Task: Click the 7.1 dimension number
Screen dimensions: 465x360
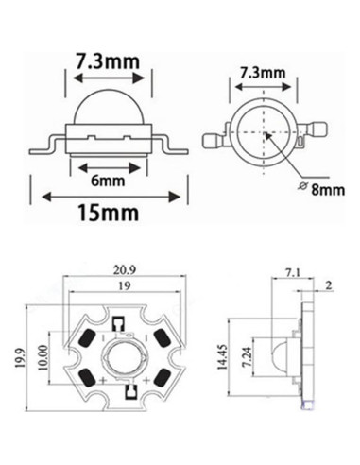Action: click(x=293, y=274)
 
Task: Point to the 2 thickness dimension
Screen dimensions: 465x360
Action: click(x=328, y=284)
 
